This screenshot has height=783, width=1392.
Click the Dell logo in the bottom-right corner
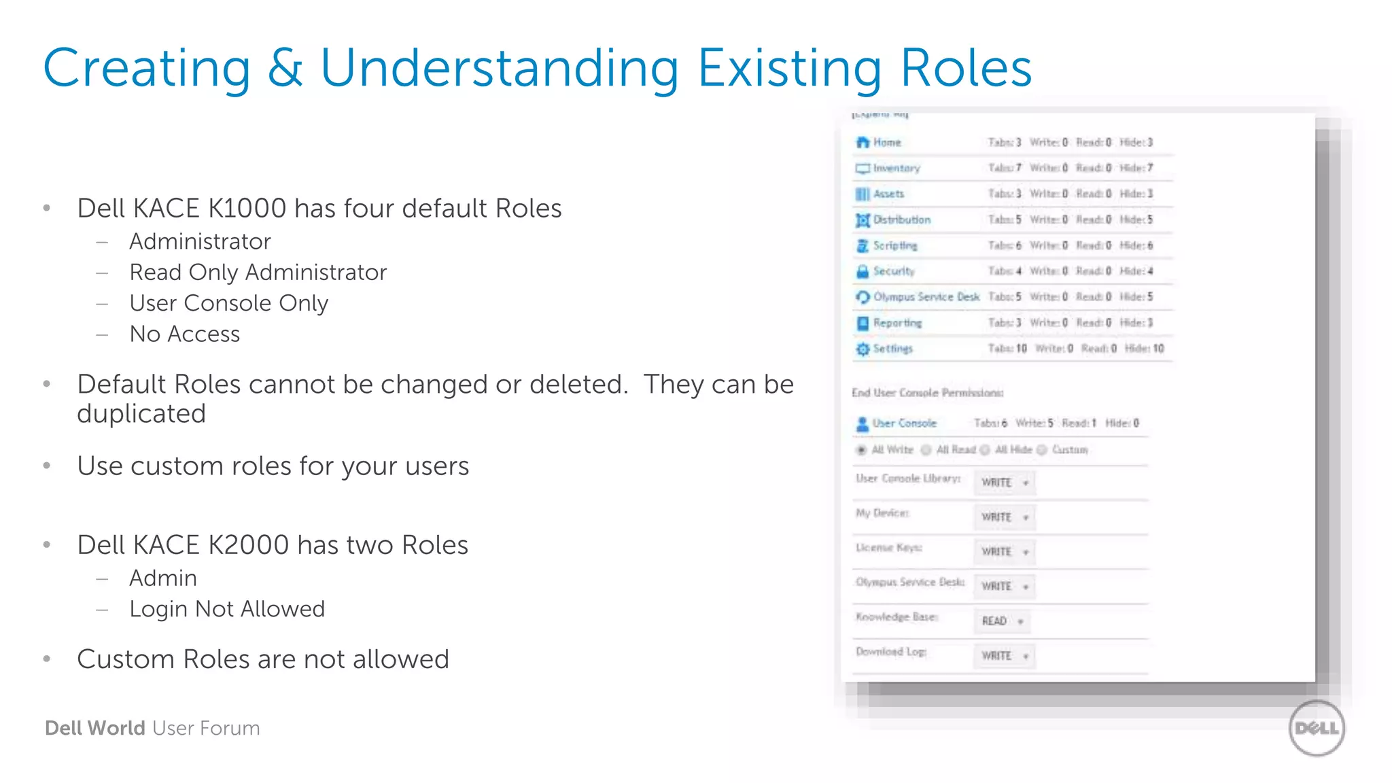click(1317, 728)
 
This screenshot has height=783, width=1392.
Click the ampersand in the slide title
click(285, 68)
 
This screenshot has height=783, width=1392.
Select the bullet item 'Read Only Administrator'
click(258, 272)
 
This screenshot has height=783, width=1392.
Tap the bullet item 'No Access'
click(184, 334)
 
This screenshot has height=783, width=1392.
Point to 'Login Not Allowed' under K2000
click(227, 608)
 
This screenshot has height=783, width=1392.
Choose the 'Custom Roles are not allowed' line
click(262, 659)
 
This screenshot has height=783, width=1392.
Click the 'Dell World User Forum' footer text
click(152, 728)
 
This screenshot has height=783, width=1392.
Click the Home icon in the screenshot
click(863, 142)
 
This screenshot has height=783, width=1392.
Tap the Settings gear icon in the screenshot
click(863, 349)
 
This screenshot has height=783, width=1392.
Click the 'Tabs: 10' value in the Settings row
click(1007, 349)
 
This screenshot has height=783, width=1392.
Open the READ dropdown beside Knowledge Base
click(1002, 621)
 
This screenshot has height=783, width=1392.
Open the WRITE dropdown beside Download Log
click(1004, 656)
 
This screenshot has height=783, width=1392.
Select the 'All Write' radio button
click(862, 450)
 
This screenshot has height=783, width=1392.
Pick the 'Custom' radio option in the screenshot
click(1042, 450)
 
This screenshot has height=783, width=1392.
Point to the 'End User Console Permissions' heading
click(927, 393)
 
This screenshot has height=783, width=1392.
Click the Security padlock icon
click(863, 271)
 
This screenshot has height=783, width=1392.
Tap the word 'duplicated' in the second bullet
click(141, 414)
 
